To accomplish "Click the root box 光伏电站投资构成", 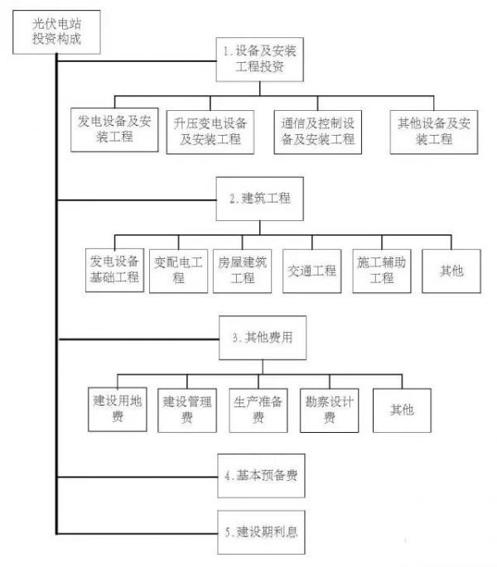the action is pos(56,32).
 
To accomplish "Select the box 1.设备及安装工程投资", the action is pos(259,60).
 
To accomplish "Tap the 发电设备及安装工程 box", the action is pos(114,129).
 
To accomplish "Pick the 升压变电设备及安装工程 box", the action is pos(210,132).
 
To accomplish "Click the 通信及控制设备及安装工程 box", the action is pos(318,132).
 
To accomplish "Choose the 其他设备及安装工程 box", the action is pos(434,132).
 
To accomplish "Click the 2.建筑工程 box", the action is pos(259,199).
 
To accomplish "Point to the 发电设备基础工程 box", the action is pos(115,270).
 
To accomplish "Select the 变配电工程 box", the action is pos(178,271).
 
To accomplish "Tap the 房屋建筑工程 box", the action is pos(242,271).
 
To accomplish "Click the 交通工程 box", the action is pos(312,271).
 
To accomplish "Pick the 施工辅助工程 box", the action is pos(382,271).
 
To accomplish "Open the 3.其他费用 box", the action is pos(263,338).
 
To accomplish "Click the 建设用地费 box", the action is pos(118,410).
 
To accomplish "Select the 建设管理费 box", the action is pos(187,411).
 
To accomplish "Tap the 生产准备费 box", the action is pos(258,411).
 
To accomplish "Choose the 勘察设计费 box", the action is pos(330,411).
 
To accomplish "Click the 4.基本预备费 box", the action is pos(261,476).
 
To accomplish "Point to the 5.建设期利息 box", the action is pos(261,532).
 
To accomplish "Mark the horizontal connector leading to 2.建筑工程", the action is pos(137,199).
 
